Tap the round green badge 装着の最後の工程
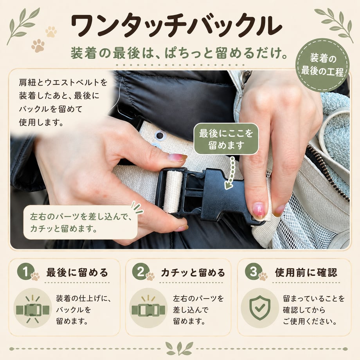[x=322, y=65]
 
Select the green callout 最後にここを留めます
[x=226, y=139]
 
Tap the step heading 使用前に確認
[x=306, y=272]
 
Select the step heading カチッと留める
[x=193, y=273]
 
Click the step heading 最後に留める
[x=77, y=272]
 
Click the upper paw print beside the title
[x=51, y=32]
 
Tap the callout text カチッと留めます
[x=63, y=229]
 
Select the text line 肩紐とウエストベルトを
[x=63, y=83]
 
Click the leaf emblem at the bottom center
[x=180, y=348]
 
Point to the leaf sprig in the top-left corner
[x=23, y=26]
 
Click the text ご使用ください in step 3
[x=310, y=321]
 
